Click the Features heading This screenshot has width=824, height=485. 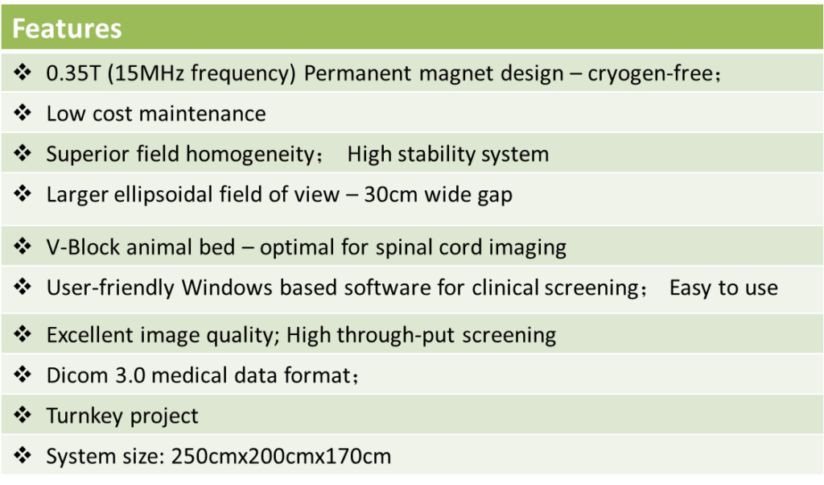coord(67,28)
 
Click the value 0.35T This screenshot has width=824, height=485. coord(73,73)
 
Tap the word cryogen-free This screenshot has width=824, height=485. coord(650,74)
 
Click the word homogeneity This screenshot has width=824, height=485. coord(250,155)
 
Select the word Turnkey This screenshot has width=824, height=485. coord(84,417)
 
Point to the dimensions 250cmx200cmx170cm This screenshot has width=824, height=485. coord(281,457)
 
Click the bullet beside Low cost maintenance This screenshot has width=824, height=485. coord(23,113)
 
